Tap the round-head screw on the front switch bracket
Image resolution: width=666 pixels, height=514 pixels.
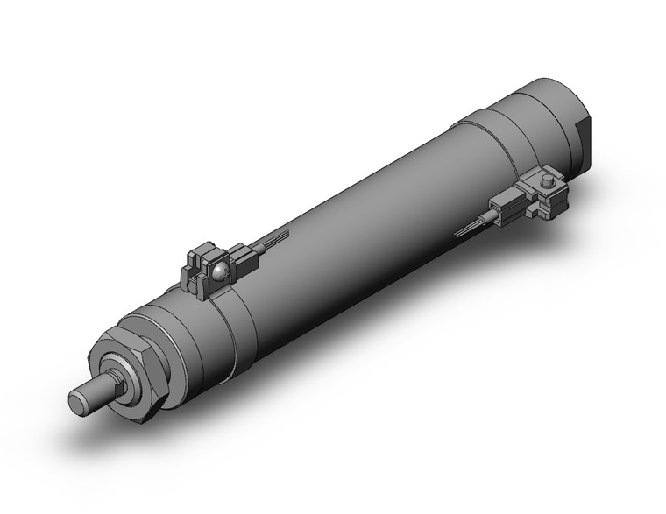click(220, 274)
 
